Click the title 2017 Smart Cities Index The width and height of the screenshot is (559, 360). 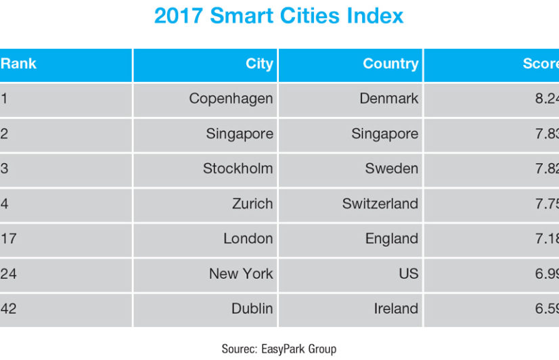click(x=279, y=16)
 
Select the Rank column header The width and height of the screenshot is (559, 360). click(x=18, y=64)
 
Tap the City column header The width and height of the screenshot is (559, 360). click(x=259, y=64)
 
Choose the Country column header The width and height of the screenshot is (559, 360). click(x=390, y=64)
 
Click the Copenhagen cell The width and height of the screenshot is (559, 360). click(x=231, y=99)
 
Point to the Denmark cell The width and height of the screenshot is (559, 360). click(x=388, y=99)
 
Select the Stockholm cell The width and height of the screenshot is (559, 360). click(x=238, y=168)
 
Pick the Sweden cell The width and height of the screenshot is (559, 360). click(x=391, y=168)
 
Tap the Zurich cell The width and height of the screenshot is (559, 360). click(x=252, y=204)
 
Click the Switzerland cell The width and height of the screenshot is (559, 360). click(x=380, y=204)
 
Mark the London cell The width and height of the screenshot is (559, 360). click(x=248, y=239)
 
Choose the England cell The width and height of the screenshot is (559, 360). click(x=391, y=239)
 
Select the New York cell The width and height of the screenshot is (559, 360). click(x=241, y=274)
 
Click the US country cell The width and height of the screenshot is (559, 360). click(x=409, y=274)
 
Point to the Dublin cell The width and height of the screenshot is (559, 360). click(x=252, y=309)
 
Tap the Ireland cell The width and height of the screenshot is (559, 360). click(x=395, y=309)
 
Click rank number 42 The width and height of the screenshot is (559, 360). click(x=9, y=309)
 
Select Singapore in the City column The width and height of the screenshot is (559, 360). click(x=240, y=134)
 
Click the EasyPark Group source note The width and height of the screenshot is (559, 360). click(x=279, y=349)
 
